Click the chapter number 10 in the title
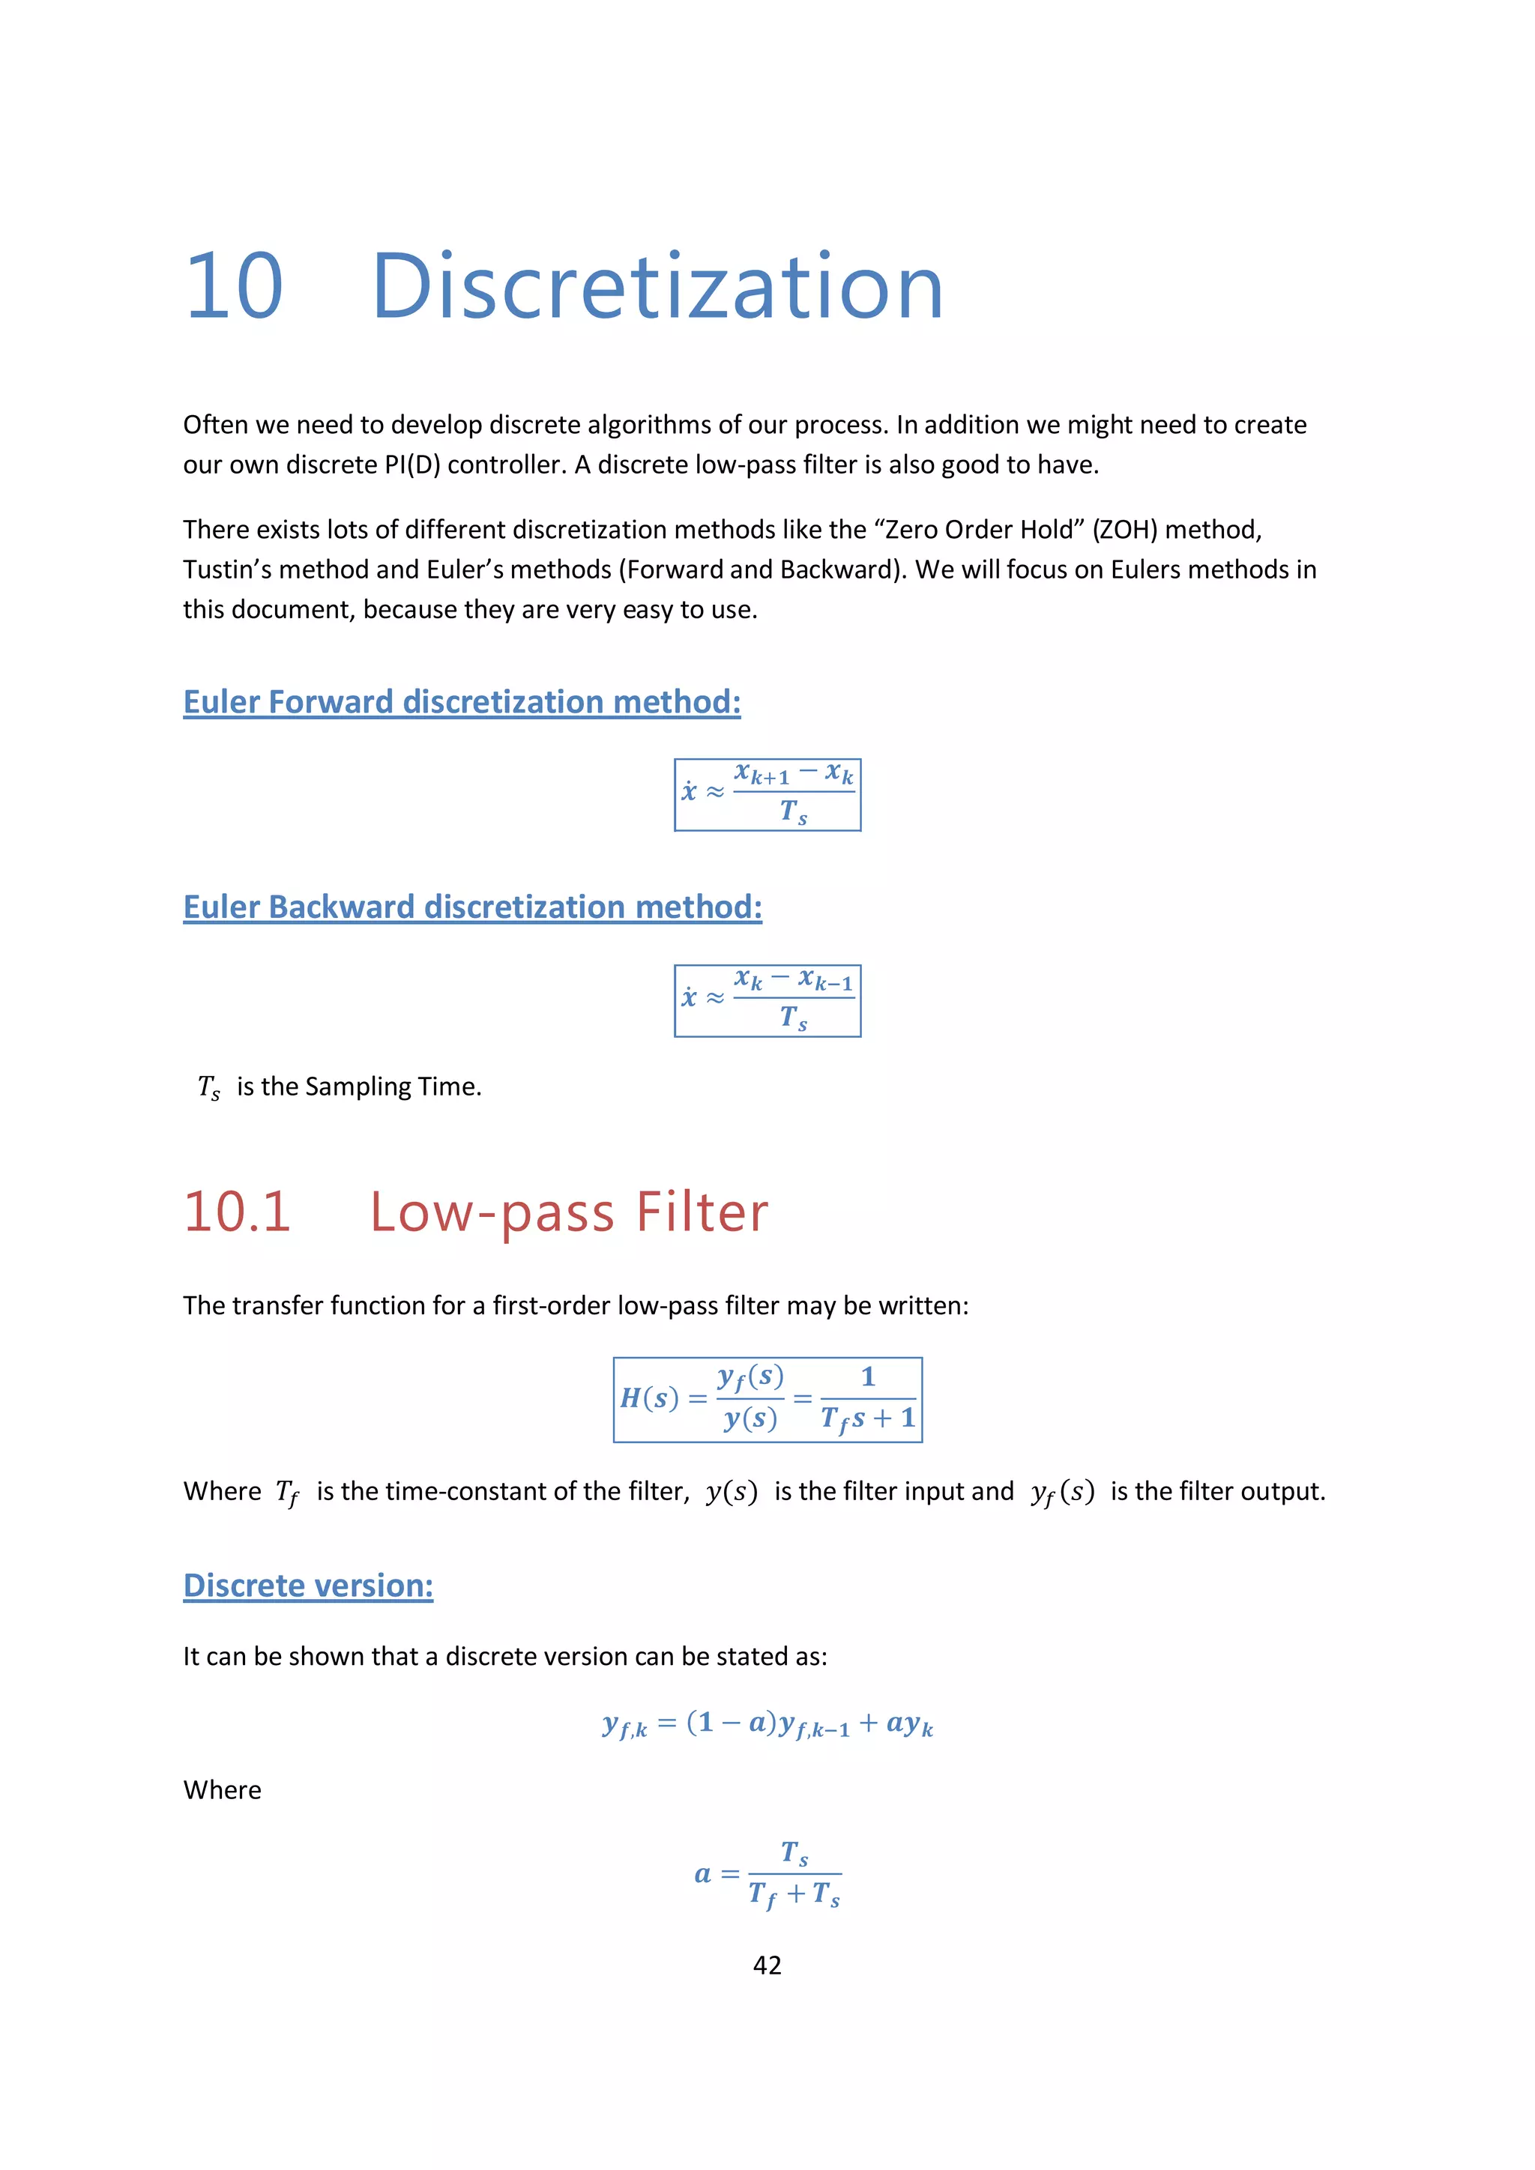(233, 286)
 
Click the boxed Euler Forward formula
(767, 795)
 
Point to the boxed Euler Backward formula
(767, 1001)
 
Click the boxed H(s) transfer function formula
(767, 1400)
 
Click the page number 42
(767, 1965)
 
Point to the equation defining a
(767, 1874)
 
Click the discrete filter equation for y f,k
(767, 1725)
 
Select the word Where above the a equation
(222, 1790)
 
